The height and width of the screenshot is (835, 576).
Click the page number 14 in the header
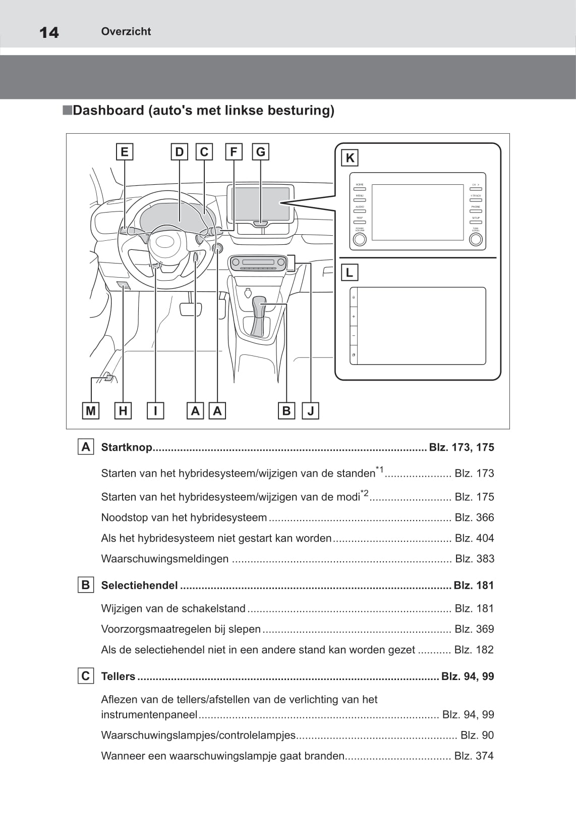tap(49, 32)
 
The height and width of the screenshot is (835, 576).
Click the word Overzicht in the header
tap(126, 31)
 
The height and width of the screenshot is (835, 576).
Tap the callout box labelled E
tap(124, 152)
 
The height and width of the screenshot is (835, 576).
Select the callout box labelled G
tap(260, 152)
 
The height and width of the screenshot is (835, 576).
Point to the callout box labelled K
tap(350, 158)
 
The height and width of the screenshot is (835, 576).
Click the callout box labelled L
tap(349, 273)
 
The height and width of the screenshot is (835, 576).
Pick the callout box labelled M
tap(91, 411)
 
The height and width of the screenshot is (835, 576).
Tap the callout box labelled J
tap(311, 411)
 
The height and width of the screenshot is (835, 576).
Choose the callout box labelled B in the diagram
tap(286, 411)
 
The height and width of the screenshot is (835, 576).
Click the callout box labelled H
tap(123, 411)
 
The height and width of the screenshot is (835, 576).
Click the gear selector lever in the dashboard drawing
tap(259, 316)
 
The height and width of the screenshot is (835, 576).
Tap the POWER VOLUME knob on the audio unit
tap(360, 239)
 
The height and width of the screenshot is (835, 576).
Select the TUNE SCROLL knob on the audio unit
tap(476, 239)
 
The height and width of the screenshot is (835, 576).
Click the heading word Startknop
tap(126, 447)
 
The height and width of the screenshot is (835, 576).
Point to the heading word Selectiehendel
tap(139, 585)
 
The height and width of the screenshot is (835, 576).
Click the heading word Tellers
tap(118, 676)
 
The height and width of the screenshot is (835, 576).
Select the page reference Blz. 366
tap(474, 517)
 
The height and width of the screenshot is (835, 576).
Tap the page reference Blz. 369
tap(474, 629)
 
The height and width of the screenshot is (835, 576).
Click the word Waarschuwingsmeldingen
tap(164, 559)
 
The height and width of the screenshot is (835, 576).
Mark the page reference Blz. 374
tap(474, 756)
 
